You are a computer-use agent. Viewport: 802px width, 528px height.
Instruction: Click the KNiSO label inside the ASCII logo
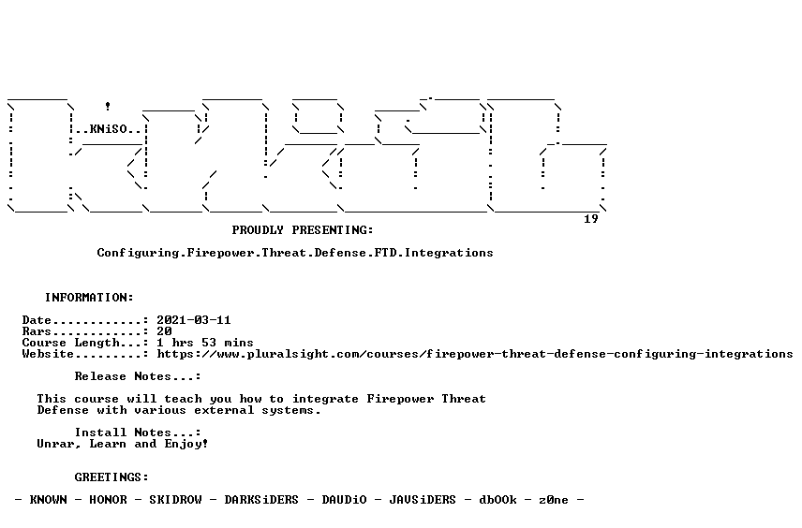109,129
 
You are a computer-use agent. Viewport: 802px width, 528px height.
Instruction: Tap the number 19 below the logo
591,219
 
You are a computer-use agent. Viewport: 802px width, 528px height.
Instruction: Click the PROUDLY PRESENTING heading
303,230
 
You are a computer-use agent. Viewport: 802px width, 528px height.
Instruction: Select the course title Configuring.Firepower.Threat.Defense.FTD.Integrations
295,253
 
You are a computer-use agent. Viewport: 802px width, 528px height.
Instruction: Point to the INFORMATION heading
89,298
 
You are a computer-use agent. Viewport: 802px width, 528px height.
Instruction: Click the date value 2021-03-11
194,320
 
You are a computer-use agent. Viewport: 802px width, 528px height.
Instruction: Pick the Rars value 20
164,331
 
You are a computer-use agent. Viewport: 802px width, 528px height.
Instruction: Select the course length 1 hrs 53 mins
205,343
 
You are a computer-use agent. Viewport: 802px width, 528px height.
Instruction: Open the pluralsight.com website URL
475,354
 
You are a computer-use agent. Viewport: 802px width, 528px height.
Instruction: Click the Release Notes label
138,376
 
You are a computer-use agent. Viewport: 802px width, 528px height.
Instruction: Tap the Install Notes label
138,433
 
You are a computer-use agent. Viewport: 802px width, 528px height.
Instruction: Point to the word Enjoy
186,444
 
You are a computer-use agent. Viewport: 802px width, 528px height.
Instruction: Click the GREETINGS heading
111,477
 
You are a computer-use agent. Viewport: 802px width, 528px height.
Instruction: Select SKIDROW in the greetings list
175,500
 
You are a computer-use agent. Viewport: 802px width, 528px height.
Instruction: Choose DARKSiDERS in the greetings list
261,500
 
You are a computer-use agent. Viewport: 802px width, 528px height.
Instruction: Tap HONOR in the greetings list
108,500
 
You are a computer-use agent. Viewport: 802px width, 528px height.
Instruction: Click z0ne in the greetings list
554,500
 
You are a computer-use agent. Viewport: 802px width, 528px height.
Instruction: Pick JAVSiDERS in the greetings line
423,500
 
